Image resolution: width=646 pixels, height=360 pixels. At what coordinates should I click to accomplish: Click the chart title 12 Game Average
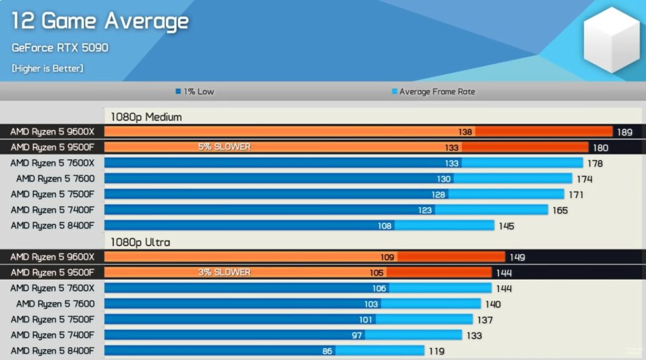(100, 21)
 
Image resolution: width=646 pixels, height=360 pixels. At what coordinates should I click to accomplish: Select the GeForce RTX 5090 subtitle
(60, 48)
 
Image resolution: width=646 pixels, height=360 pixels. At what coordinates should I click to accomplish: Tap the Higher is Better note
(47, 68)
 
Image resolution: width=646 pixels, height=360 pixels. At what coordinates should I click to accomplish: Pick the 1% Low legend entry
(195, 91)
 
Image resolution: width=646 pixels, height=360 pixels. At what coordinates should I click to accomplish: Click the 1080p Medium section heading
(146, 117)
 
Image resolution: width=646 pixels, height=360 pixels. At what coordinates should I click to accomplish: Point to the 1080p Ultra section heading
(140, 242)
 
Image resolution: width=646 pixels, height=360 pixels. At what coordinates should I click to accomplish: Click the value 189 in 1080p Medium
(625, 132)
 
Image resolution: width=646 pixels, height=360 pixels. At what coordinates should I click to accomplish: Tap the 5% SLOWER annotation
(224, 147)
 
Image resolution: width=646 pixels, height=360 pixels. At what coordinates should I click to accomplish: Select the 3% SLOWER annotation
(224, 272)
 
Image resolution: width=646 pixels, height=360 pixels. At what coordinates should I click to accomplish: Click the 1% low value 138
(466, 132)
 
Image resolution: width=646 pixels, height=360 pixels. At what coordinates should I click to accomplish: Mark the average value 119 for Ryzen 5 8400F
(436, 351)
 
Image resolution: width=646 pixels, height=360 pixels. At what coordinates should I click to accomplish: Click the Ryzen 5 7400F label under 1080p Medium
(52, 210)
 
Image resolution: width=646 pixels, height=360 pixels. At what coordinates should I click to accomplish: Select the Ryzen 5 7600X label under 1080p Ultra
(52, 288)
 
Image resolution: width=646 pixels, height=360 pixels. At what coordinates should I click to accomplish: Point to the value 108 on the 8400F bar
(384, 226)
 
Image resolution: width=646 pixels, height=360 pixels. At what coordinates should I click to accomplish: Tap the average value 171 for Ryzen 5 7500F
(575, 195)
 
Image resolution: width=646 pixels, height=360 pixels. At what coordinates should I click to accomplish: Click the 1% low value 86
(327, 351)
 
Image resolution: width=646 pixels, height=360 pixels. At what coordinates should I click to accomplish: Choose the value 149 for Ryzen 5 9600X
(517, 257)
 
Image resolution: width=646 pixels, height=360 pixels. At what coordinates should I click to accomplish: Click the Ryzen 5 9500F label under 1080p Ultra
(52, 272)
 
